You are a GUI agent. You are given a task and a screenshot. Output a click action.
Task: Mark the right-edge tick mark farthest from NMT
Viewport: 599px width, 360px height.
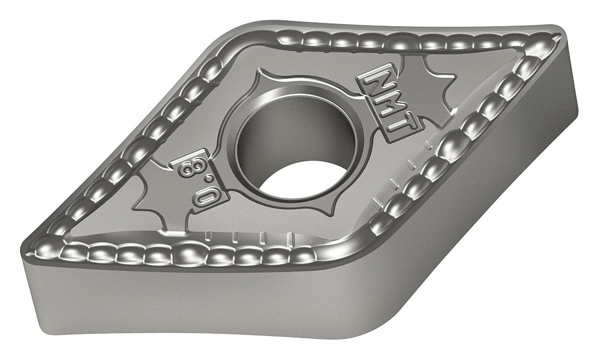[380, 201]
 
